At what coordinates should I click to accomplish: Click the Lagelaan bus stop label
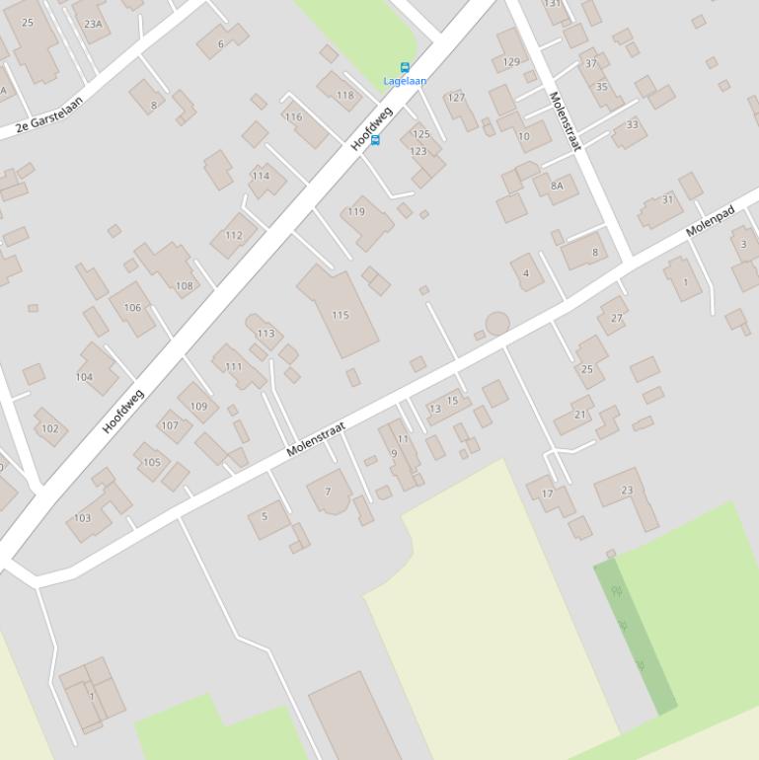[x=405, y=81]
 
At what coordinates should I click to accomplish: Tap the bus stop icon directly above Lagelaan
[x=405, y=68]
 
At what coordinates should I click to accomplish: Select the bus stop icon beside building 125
[x=375, y=140]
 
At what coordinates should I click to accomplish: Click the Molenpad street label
[x=711, y=220]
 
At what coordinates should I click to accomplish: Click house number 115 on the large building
[x=341, y=316]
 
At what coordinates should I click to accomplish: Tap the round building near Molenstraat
[x=496, y=324]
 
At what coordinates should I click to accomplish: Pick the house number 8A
[x=557, y=186]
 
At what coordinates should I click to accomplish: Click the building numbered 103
[x=94, y=510]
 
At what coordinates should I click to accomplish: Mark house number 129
[x=511, y=62]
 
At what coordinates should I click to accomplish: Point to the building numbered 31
[x=661, y=207]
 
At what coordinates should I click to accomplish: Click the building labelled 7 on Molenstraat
[x=330, y=492]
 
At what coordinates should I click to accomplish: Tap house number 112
[x=234, y=235]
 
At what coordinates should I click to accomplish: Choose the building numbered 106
[x=132, y=307]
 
